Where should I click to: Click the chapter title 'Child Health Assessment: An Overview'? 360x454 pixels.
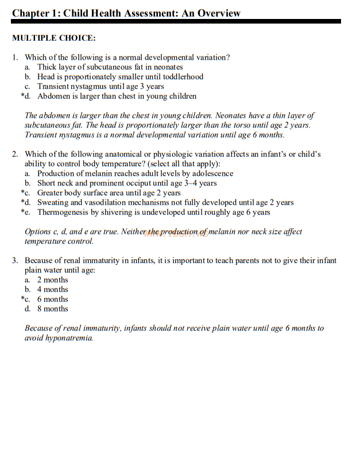[x=152, y=13]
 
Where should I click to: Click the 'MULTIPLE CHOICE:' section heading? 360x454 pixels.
[x=54, y=39]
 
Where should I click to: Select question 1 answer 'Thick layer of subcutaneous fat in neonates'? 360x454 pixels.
[x=110, y=67]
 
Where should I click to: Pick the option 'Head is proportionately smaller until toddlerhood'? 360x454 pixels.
[x=120, y=77]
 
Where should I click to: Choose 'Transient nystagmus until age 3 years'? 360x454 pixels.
[x=100, y=87]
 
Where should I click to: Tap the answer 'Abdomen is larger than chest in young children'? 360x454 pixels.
[x=117, y=97]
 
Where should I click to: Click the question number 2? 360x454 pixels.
[x=14, y=155]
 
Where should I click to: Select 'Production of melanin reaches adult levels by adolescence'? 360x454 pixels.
[x=135, y=174]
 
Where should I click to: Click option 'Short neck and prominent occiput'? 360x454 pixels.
[x=95, y=183]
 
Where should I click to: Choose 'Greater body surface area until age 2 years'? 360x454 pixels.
[x=109, y=193]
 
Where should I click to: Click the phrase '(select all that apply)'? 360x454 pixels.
[x=181, y=164]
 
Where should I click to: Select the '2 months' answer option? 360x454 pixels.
[x=52, y=280]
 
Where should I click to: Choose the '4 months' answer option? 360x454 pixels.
[x=52, y=290]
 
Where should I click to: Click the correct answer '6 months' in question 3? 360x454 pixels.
[x=52, y=299]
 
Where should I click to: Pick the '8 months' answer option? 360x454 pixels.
[x=52, y=309]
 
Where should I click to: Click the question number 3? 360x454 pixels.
[x=14, y=261]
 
